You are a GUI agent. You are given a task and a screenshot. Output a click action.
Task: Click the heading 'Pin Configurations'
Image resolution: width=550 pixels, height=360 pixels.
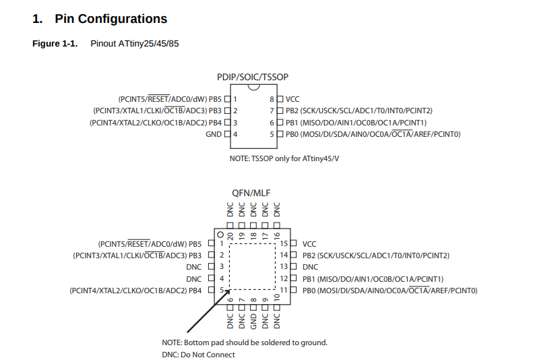(111, 19)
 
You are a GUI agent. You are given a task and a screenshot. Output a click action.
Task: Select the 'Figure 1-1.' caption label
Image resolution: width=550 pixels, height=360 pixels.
(55, 44)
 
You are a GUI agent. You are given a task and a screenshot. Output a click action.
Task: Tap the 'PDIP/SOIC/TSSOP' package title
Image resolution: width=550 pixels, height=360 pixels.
(253, 78)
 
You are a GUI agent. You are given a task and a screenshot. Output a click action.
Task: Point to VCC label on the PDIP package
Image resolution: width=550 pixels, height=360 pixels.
(293, 99)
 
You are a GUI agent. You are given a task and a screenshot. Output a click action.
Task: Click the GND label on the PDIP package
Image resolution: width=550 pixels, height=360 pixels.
(213, 134)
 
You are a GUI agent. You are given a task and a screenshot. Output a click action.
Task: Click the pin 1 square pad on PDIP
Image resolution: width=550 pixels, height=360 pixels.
(227, 99)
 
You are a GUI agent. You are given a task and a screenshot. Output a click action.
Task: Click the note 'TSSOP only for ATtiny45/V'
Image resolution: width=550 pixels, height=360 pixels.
(284, 158)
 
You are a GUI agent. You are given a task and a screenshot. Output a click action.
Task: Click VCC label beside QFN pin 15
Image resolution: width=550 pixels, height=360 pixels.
(309, 243)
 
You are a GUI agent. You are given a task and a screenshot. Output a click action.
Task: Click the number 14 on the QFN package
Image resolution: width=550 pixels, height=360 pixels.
(284, 256)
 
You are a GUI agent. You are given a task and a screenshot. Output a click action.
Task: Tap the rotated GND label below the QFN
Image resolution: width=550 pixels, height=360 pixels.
(253, 316)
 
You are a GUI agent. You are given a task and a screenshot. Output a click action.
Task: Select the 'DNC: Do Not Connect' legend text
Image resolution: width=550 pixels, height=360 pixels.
(198, 355)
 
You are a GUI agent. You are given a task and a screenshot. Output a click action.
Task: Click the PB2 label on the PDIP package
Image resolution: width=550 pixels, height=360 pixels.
(292, 111)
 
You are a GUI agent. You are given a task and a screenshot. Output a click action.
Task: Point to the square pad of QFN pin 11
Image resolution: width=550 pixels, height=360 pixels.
(294, 291)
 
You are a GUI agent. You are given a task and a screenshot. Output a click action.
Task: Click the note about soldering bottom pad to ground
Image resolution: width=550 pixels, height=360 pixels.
(244, 342)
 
